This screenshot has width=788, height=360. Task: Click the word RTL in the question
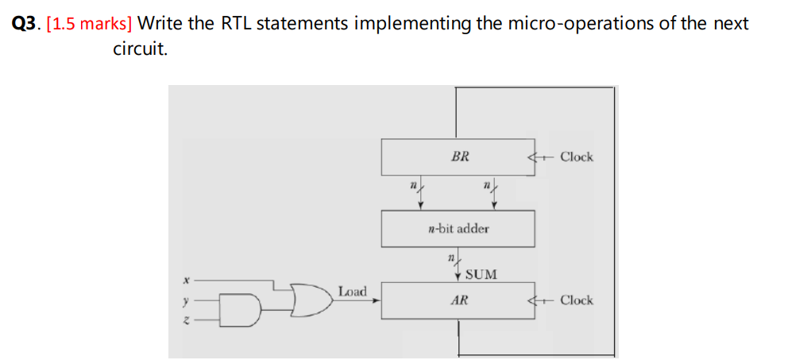235,24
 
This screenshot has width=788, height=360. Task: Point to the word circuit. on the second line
140,50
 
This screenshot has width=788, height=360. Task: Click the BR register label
459,157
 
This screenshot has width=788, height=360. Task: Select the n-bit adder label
458,228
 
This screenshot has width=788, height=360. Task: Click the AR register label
458,300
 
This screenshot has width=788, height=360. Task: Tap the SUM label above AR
481,274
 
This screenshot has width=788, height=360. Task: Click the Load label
352,292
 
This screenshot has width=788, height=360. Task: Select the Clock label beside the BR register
576,157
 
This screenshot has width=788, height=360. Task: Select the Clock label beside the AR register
576,300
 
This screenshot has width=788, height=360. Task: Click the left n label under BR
412,185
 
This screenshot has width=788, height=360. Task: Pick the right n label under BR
486,185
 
